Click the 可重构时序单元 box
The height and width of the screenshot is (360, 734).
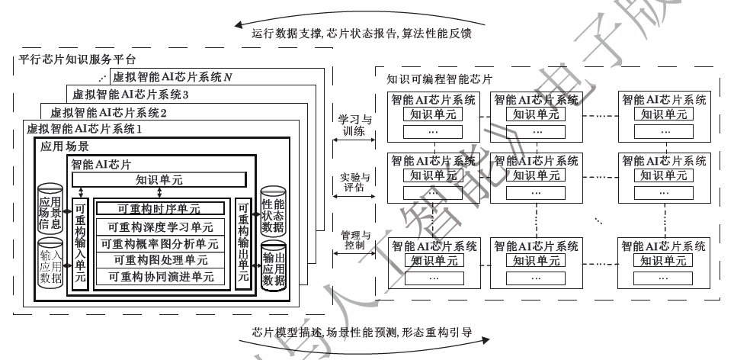(160, 208)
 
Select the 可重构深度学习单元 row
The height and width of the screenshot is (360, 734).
(160, 227)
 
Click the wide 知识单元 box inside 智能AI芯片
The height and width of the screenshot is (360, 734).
(159, 180)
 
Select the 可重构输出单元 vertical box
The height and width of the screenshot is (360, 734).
(242, 243)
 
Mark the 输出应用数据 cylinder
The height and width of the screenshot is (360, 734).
(273, 264)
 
